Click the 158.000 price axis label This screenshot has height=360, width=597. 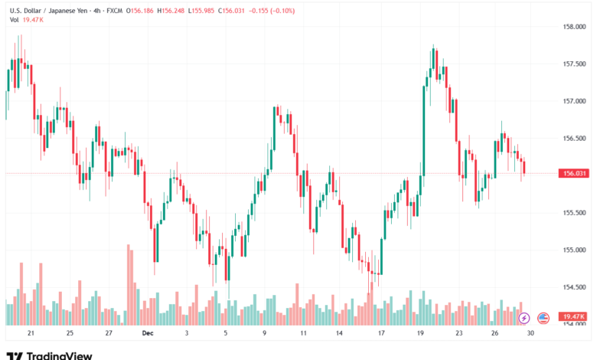[573, 27]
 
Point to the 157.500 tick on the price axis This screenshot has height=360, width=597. [573, 64]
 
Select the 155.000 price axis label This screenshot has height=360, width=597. [573, 250]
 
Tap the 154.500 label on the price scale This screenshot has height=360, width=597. [573, 287]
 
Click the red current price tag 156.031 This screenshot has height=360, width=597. [574, 174]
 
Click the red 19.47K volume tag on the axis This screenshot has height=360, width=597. [573, 316]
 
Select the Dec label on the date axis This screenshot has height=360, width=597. [147, 333]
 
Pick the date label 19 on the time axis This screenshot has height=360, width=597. [420, 333]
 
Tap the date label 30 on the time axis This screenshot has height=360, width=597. [530, 333]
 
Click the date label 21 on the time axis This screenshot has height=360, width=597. [31, 333]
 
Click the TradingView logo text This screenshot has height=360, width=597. [59, 355]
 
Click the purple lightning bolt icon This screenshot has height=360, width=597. [524, 317]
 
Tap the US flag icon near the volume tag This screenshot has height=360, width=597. [543, 317]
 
